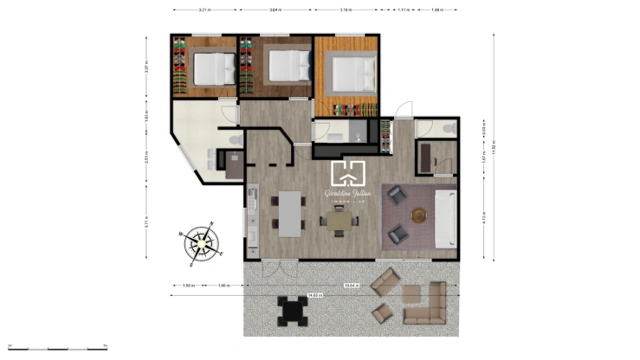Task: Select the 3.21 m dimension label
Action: (x=204, y=10)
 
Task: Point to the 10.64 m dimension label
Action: (x=352, y=285)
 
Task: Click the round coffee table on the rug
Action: (x=420, y=215)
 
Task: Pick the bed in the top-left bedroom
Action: (x=213, y=67)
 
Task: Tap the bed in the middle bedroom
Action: (x=286, y=64)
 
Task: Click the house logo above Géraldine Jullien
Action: (x=348, y=172)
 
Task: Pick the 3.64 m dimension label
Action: (x=275, y=10)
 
